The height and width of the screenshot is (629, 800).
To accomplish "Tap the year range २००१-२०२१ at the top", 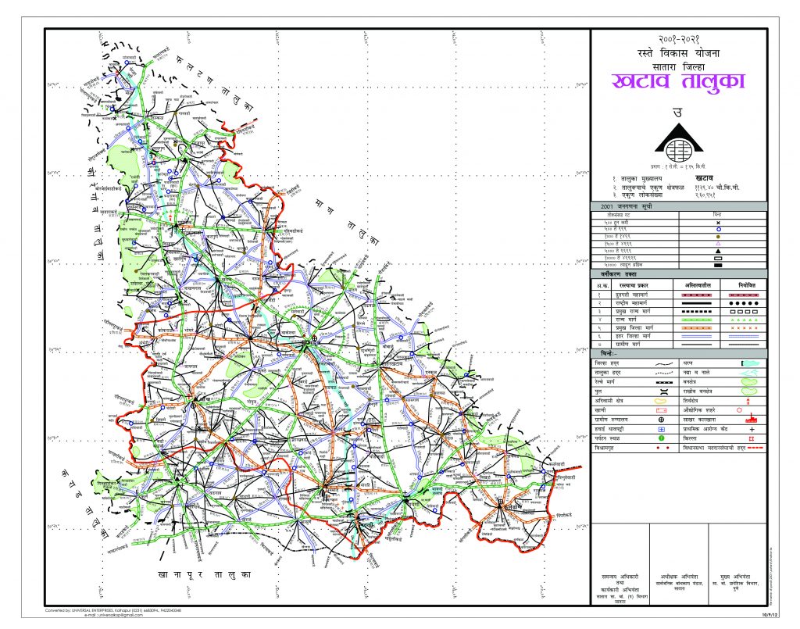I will point(678,38).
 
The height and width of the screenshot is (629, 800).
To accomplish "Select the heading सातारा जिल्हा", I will point(678,66).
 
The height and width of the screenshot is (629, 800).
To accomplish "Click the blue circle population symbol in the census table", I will point(717,231).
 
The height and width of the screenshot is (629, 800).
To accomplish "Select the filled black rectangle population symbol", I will point(717,266).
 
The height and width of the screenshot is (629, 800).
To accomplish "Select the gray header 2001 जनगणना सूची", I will point(624,205).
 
